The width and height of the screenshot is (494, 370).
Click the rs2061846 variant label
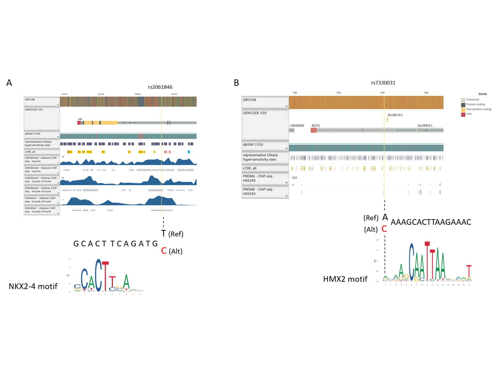[160, 87]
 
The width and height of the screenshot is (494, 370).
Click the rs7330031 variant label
[383, 83]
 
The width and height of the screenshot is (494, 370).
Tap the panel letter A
[9, 83]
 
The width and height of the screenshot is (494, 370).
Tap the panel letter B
[236, 83]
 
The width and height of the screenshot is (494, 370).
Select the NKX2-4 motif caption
[33, 286]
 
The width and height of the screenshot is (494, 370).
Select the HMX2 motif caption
[345, 279]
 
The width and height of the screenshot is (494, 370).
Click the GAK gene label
[80, 119]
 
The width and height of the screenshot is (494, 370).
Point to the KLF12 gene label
[315, 126]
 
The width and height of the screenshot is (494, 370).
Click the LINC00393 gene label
[297, 126]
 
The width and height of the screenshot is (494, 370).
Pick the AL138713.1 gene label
[395, 115]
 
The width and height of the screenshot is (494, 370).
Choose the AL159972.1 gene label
[425, 126]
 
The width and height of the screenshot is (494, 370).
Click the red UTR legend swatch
[463, 114]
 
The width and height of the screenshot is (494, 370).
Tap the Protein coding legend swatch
[463, 105]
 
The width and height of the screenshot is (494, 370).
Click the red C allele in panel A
[164, 251]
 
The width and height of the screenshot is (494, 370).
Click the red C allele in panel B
[384, 229]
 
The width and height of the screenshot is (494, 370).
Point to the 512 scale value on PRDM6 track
[295, 178]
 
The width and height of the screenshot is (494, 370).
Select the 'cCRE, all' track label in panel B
[250, 168]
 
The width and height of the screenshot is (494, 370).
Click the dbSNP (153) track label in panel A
[33, 134]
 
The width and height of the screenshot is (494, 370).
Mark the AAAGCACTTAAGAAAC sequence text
[431, 222]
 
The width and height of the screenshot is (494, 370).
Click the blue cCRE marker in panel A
[189, 152]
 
